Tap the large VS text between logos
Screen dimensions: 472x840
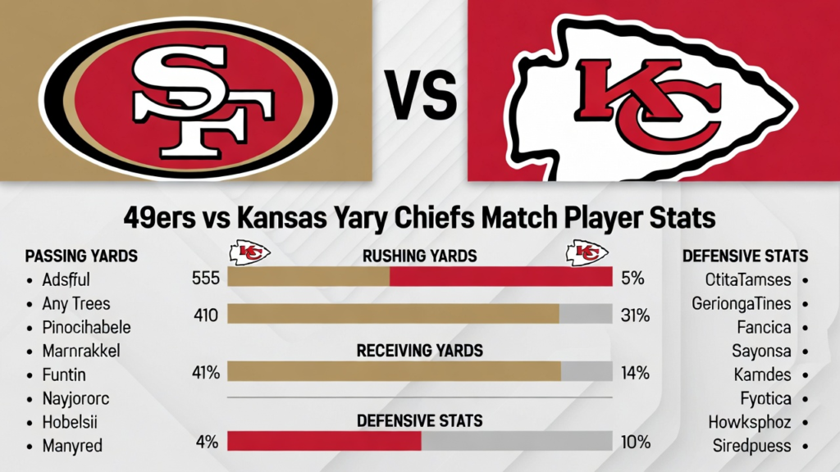(421, 96)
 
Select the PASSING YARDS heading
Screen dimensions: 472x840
(81, 255)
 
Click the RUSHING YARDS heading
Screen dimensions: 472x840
(419, 256)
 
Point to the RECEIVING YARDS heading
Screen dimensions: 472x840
(420, 351)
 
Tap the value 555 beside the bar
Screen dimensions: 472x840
(204, 278)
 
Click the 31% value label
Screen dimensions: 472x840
(635, 315)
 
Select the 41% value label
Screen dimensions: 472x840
(204, 373)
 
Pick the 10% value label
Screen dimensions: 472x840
(635, 442)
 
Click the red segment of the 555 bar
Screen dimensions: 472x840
(500, 277)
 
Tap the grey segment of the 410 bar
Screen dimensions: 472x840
(585, 314)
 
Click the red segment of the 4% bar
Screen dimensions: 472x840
(324, 442)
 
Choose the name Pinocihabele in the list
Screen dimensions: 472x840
(86, 327)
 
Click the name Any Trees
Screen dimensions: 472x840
(75, 304)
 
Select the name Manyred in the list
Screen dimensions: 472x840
(72, 447)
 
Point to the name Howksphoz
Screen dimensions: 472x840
(750, 423)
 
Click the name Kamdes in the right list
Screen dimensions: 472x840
(762, 375)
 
